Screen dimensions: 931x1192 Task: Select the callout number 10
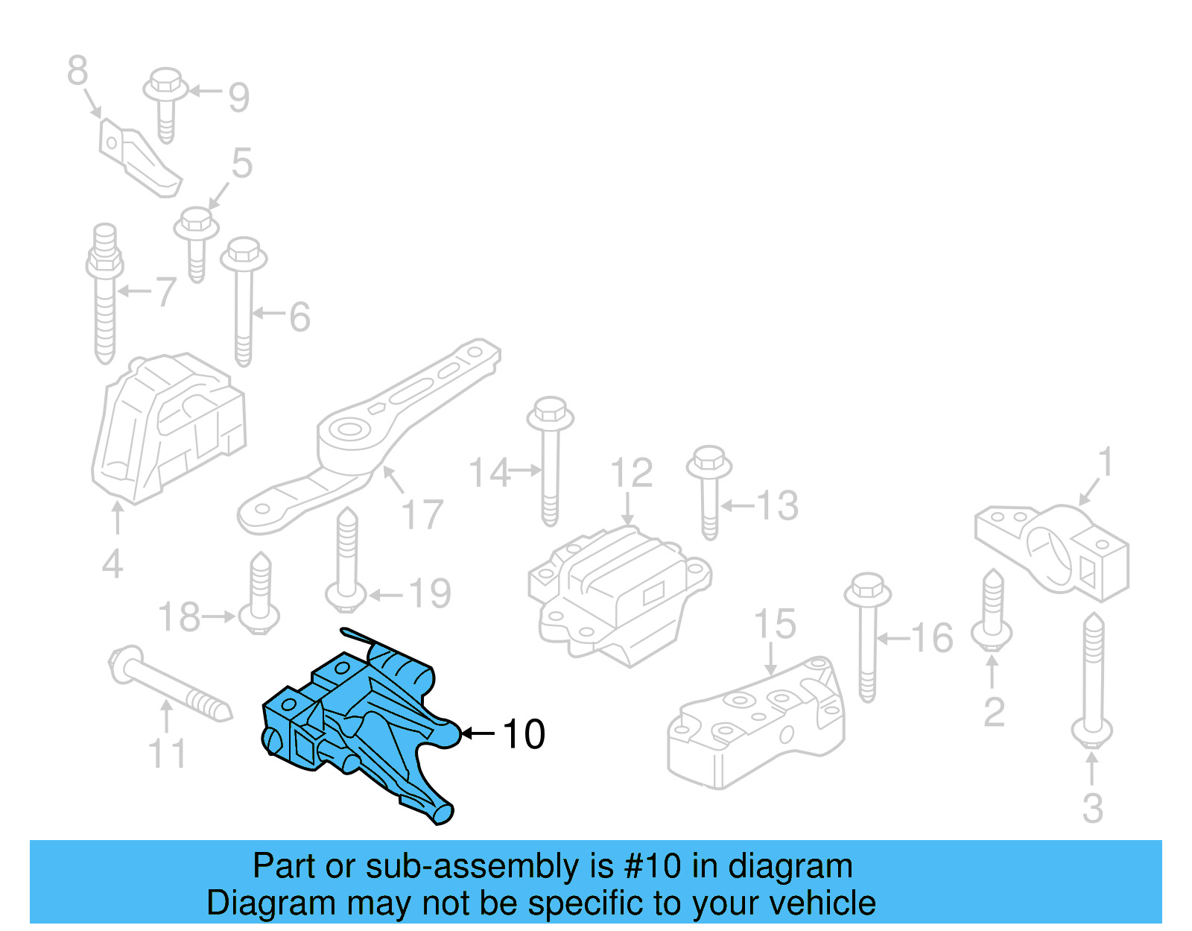pos(524,734)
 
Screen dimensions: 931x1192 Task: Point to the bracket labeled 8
pos(138,158)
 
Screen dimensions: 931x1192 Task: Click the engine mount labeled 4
pos(168,429)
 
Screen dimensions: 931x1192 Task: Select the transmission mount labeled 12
pos(618,589)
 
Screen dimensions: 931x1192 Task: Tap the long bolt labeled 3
pos(1093,678)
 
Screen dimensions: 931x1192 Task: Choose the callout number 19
pos(430,593)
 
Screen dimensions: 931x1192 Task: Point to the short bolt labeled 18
pos(260,596)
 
